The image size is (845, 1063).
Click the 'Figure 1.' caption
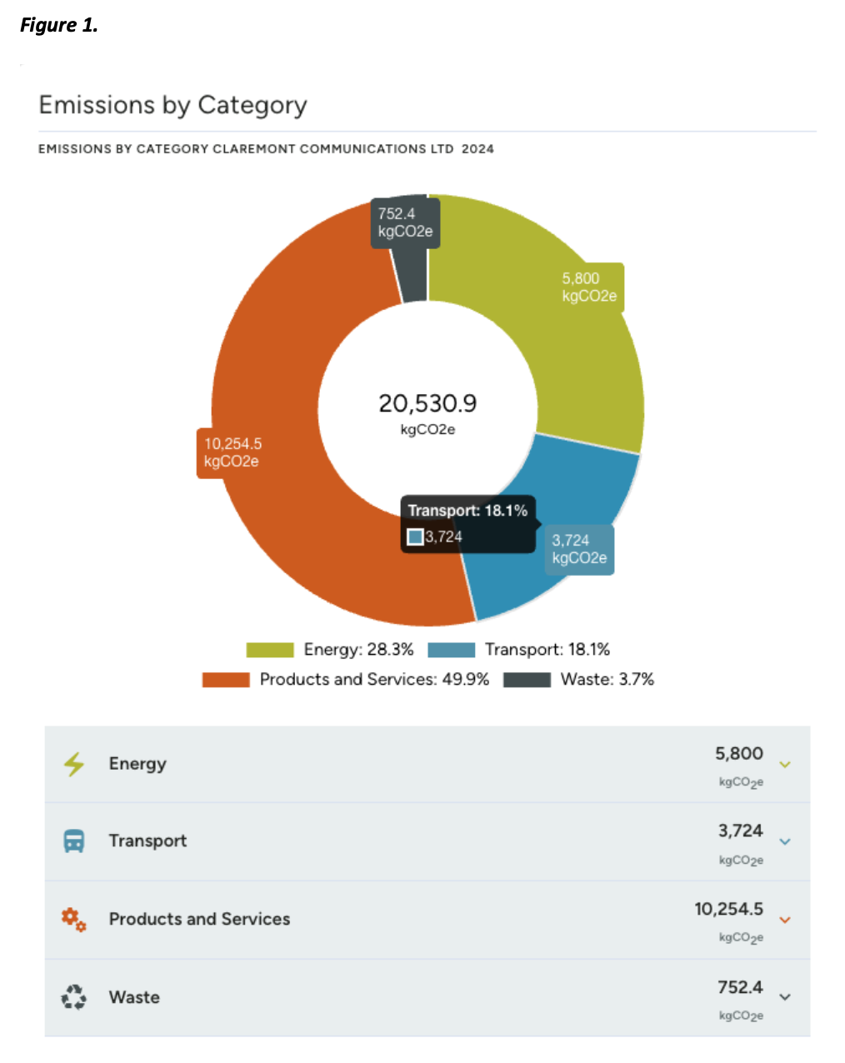pyautogui.click(x=58, y=25)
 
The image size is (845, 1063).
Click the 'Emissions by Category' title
pyautogui.click(x=172, y=105)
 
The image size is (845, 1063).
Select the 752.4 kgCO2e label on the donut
pyautogui.click(x=405, y=222)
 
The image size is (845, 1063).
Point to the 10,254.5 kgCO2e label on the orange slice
pyautogui.click(x=232, y=452)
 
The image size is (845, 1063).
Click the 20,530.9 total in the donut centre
pyautogui.click(x=427, y=403)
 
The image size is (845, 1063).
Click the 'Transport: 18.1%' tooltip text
pyautogui.click(x=467, y=511)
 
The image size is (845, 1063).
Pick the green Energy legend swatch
pyautogui.click(x=270, y=650)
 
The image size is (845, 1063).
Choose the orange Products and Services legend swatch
pyautogui.click(x=226, y=680)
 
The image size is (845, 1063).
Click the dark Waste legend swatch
pyautogui.click(x=527, y=680)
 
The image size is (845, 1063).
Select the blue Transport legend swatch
pyautogui.click(x=451, y=650)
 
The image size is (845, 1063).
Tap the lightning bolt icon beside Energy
pyautogui.click(x=74, y=764)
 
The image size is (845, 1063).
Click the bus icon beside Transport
pyautogui.click(x=74, y=841)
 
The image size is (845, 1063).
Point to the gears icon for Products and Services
pyautogui.click(x=73, y=919)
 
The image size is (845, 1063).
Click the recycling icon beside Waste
pyautogui.click(x=73, y=997)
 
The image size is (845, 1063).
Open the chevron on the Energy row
pyautogui.click(x=785, y=765)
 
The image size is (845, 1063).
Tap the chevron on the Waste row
pyautogui.click(x=785, y=997)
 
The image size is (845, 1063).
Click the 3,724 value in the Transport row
pyautogui.click(x=740, y=831)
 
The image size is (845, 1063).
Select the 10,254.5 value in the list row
pyautogui.click(x=729, y=909)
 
